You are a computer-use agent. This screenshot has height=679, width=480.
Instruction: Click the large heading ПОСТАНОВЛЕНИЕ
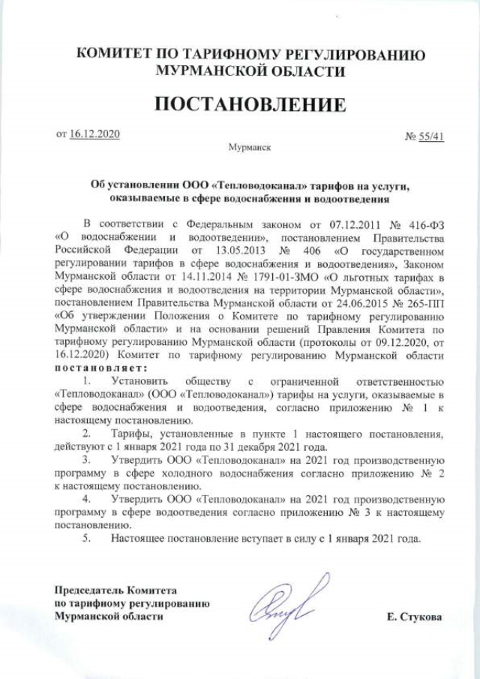(x=251, y=104)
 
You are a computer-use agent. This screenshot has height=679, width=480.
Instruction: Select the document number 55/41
(x=431, y=137)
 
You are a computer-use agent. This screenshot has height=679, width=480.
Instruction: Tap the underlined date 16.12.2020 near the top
(x=94, y=134)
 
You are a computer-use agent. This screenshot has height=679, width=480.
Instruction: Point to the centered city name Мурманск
(x=249, y=149)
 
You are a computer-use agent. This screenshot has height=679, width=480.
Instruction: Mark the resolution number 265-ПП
(x=421, y=302)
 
